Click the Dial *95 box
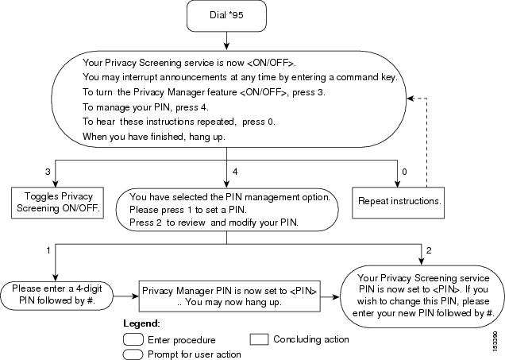pos(226,15)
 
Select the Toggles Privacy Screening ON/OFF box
pos(58,203)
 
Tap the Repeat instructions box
pos(398,203)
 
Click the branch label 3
pos(48,172)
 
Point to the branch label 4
pos(235,172)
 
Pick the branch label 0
pos(404,172)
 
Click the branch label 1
pos(48,250)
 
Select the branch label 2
pos(429,250)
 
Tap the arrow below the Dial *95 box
pos(226,41)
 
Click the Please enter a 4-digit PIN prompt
pos(56,296)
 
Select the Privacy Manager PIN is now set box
pos(229,296)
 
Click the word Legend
pos(141,323)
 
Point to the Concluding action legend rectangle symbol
pos(259,339)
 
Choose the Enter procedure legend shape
pos(133,339)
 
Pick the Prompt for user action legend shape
pos(133,354)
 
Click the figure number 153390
pos(495,342)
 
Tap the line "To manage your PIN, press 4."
pos(145,107)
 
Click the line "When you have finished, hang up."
pos(154,137)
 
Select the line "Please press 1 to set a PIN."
pos(188,210)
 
